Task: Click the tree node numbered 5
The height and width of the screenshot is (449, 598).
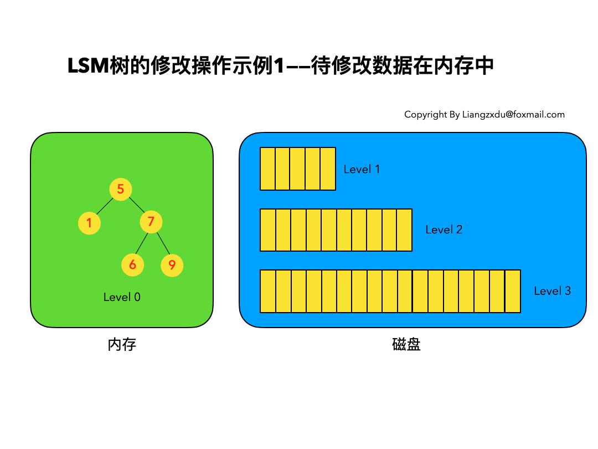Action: point(120,189)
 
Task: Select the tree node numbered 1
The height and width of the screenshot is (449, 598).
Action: point(89,223)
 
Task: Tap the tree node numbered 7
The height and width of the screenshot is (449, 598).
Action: point(151,222)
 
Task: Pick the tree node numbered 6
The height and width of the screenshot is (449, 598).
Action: point(132,264)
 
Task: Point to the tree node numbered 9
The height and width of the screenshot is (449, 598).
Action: point(172,265)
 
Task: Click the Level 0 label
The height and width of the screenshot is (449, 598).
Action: point(122,297)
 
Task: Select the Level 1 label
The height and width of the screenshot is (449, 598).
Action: point(362,170)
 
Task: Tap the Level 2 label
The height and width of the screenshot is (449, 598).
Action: point(444,229)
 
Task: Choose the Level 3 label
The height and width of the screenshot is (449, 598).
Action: point(552,290)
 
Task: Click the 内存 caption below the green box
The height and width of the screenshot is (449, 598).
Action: point(122,345)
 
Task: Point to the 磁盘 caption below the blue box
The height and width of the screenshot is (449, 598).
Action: point(406,345)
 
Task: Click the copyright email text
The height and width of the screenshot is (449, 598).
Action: point(484,115)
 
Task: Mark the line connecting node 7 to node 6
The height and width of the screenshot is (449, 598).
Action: point(141,244)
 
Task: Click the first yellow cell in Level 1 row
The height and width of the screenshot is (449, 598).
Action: point(267,169)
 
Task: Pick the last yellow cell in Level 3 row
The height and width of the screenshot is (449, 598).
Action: point(513,291)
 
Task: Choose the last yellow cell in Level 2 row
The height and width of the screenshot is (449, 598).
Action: point(404,230)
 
